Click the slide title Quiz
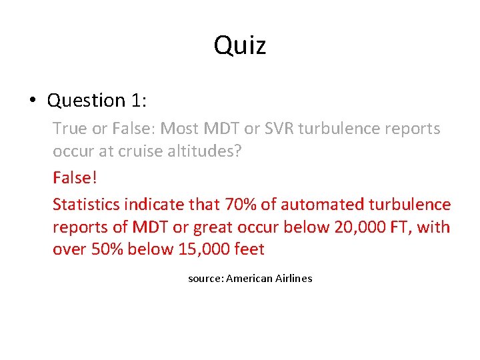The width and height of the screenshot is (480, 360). (x=240, y=46)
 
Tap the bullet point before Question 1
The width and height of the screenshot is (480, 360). (x=32, y=101)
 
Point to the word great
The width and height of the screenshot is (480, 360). (x=212, y=227)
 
